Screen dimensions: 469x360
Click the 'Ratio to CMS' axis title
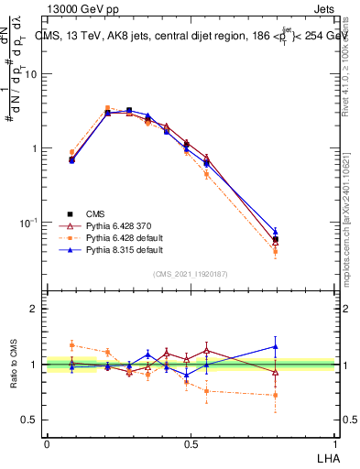point(14,364)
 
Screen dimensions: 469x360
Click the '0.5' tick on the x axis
point(190,444)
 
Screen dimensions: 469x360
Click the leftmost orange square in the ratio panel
point(72,345)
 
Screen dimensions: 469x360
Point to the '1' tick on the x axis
point(334,444)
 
